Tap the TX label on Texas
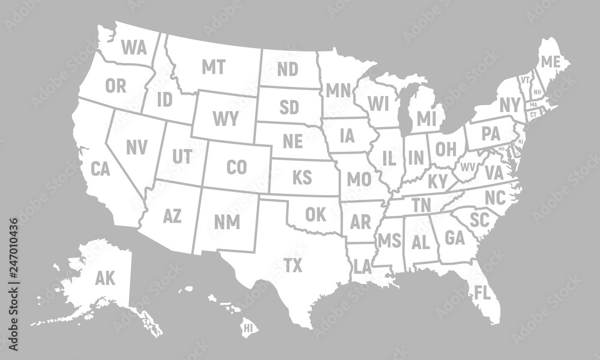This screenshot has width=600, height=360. (x=293, y=265)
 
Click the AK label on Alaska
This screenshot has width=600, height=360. (x=105, y=278)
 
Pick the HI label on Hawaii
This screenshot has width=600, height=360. (x=247, y=328)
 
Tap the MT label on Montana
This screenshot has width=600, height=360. (x=213, y=67)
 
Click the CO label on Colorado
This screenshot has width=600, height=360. (x=238, y=167)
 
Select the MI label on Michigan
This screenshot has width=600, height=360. (x=426, y=118)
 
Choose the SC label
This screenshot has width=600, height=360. (x=480, y=220)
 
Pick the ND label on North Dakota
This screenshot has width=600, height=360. (x=288, y=70)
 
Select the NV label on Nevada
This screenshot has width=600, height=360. (x=136, y=146)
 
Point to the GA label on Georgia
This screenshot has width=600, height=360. (x=455, y=238)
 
